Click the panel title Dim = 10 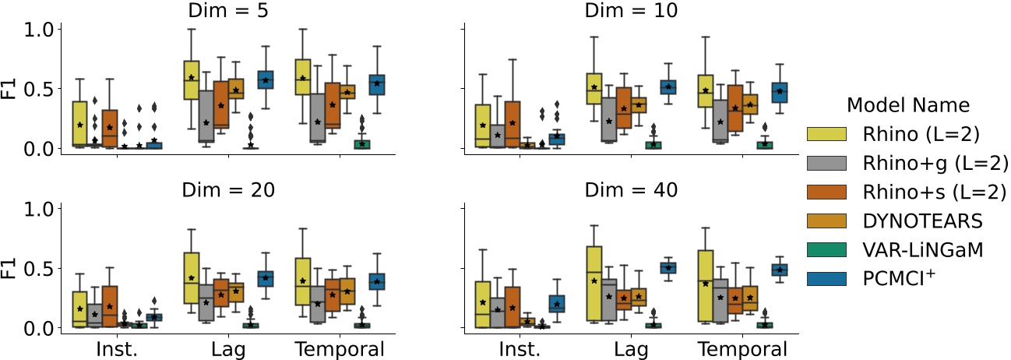[629, 10]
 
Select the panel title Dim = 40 [629, 189]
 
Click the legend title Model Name [907, 105]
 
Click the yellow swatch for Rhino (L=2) [827, 136]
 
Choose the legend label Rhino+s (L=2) [930, 193]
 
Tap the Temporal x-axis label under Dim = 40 [741, 348]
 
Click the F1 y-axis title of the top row [9, 88]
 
